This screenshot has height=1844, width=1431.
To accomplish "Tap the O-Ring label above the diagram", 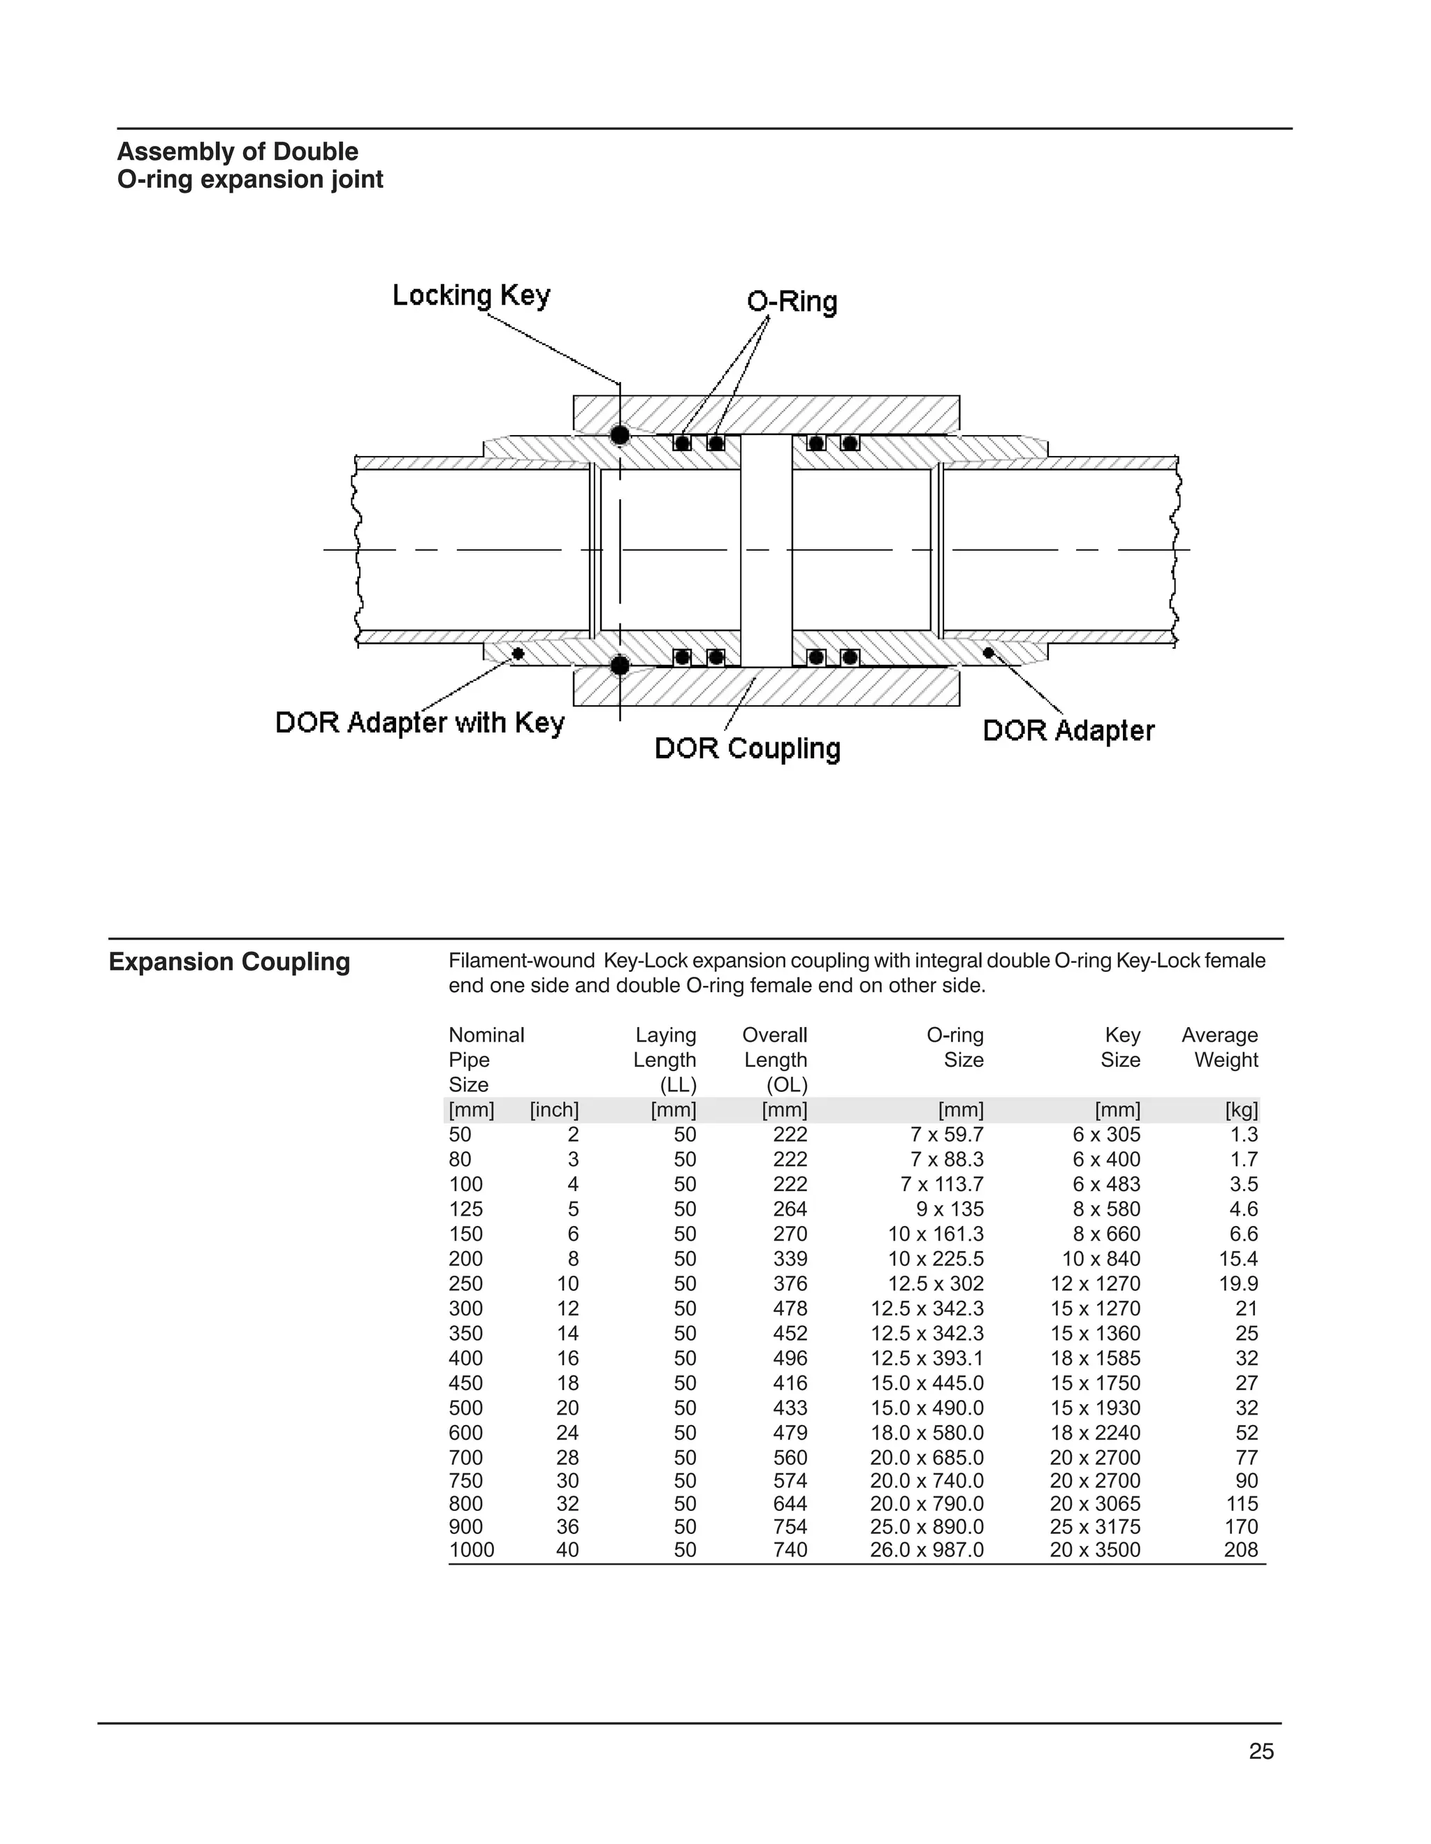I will coord(792,302).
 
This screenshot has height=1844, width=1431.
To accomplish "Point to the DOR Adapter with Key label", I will coord(419,723).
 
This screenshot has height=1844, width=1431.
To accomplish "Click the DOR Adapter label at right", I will coord(1068,730).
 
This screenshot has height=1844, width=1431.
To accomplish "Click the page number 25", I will coord(1261,1752).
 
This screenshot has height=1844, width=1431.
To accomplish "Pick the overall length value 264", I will coord(790,1209).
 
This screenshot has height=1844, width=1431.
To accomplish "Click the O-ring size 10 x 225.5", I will coord(935,1259).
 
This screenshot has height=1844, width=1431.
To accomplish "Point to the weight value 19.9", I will coord(1237,1284).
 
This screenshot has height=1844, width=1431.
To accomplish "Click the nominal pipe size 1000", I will coord(472,1550).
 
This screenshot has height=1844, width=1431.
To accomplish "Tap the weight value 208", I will coord(1240,1550).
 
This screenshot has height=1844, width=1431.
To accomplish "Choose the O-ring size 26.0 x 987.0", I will coord(927,1550).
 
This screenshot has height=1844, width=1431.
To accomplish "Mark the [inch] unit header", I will coord(554,1110).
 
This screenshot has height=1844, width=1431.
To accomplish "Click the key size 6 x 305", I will coord(1106,1135).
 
